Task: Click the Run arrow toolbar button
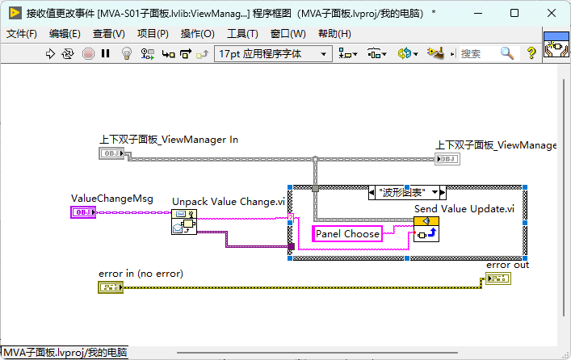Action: (50, 54)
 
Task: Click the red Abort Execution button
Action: (88, 54)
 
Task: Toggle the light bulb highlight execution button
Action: (126, 54)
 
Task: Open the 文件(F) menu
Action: (22, 34)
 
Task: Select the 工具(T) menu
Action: (242, 34)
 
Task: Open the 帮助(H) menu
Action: (334, 34)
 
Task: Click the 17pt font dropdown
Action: (273, 54)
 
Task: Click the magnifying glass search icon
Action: (507, 53)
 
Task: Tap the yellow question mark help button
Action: (531, 53)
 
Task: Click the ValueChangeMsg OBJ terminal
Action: (83, 212)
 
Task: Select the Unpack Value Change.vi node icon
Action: (184, 222)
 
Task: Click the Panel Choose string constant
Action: (347, 234)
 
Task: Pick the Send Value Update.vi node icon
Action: (426, 229)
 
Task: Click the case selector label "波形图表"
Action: (402, 192)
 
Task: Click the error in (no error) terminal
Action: (111, 287)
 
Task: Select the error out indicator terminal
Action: (498, 278)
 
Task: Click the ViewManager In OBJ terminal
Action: (111, 153)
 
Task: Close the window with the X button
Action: (552, 13)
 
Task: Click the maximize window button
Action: (514, 13)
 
